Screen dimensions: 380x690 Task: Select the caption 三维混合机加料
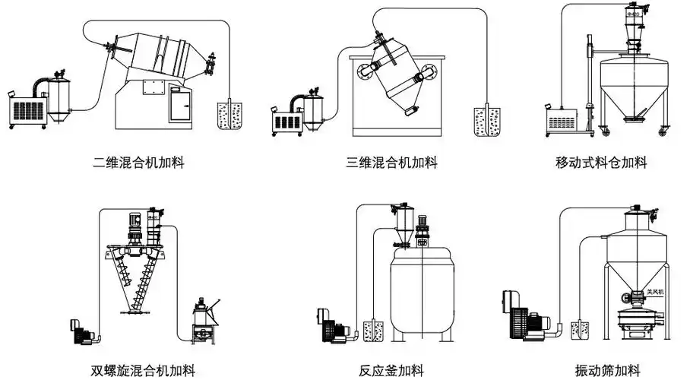pos(391,163)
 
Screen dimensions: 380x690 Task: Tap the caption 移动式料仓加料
pos(601,163)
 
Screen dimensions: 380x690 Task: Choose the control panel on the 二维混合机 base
pos(181,105)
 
